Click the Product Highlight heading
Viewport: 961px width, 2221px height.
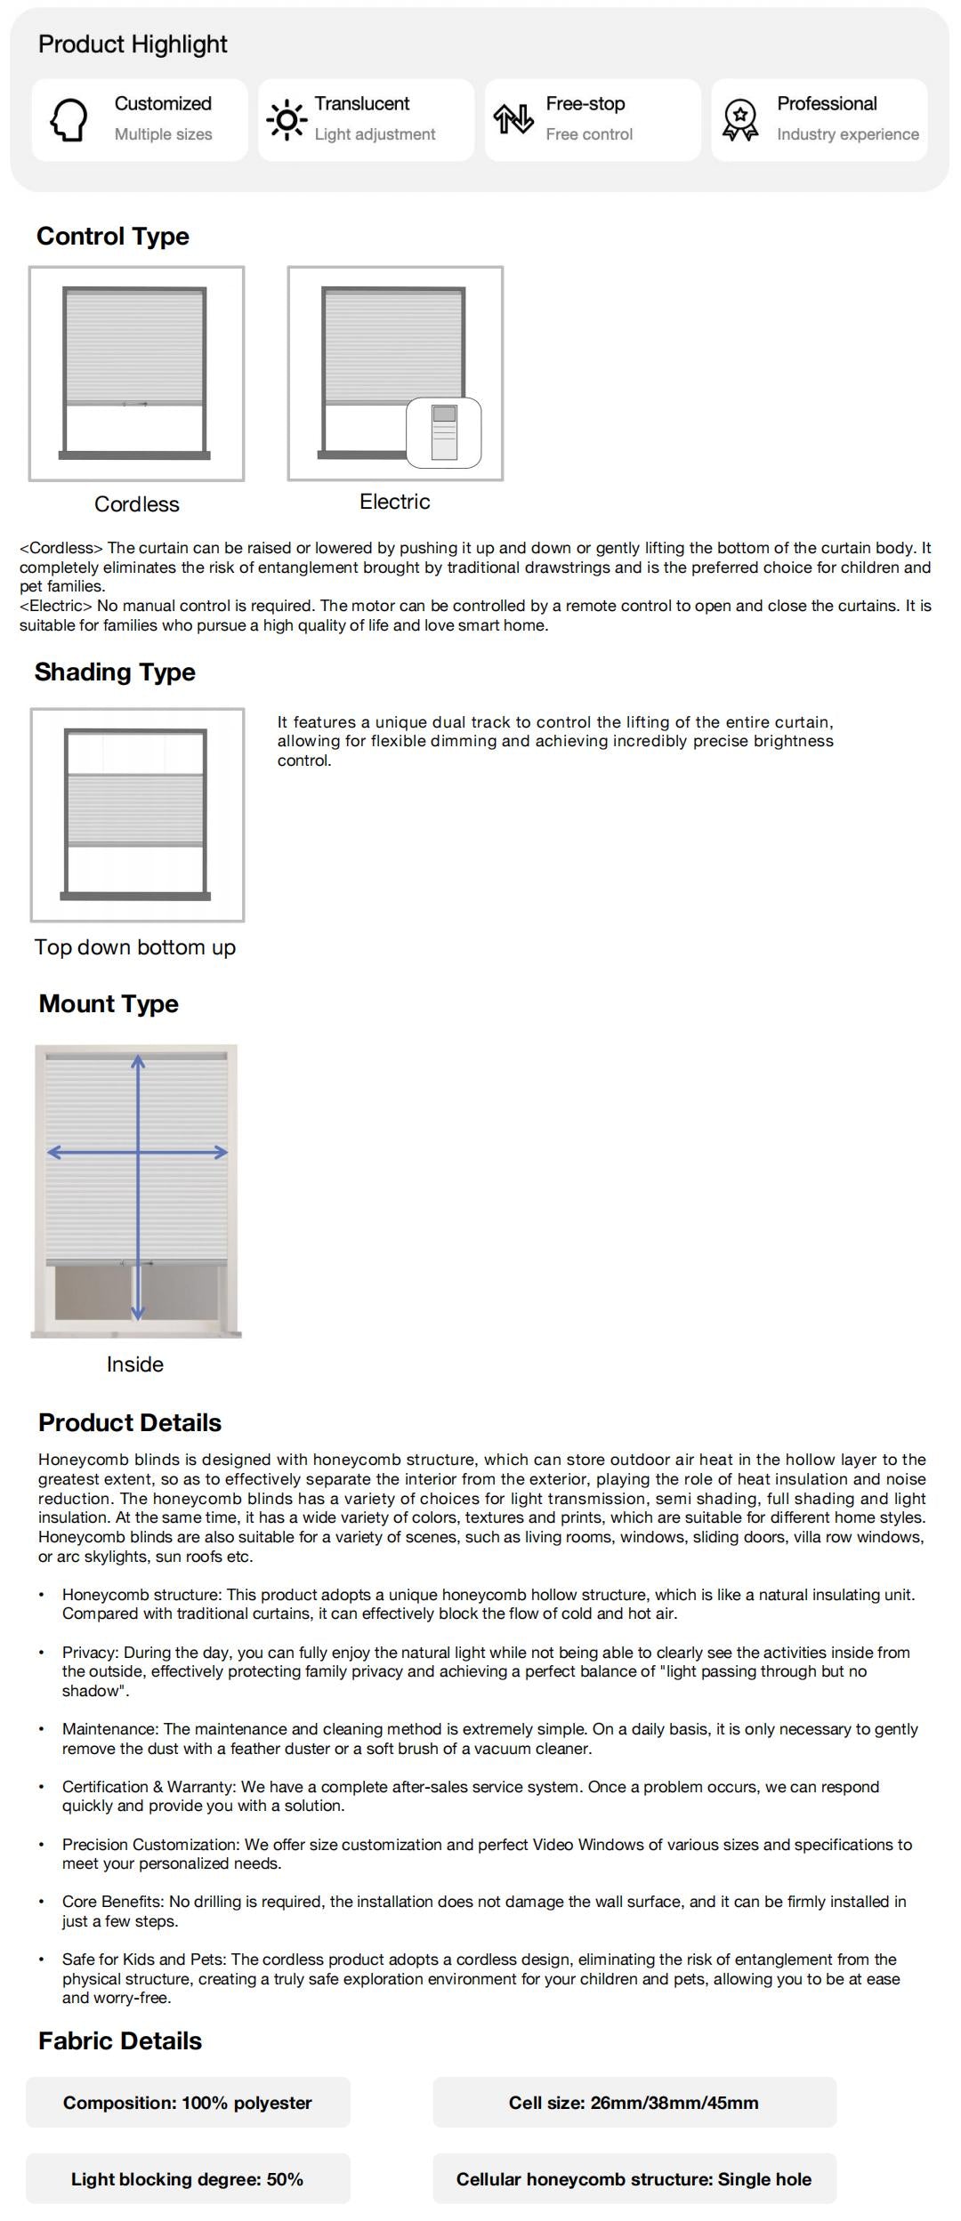point(133,44)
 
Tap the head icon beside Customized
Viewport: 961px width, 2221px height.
point(69,119)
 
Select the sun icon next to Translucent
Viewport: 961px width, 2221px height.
point(287,119)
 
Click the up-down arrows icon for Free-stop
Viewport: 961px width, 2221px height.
point(513,119)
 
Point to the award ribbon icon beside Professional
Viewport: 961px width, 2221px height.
point(740,119)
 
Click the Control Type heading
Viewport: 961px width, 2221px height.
point(113,237)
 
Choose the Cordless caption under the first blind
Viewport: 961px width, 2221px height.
point(137,504)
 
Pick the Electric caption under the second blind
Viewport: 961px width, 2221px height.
point(394,502)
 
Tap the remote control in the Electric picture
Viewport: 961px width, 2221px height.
point(444,432)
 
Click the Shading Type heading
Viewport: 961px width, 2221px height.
point(115,672)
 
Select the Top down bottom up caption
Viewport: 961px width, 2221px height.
point(135,947)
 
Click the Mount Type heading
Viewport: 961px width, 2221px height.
point(109,1004)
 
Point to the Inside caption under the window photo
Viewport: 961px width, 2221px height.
point(135,1364)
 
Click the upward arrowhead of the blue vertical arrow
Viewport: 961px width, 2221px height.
point(138,1061)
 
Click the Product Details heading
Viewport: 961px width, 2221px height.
point(130,1423)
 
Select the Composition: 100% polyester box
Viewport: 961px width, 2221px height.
point(188,2103)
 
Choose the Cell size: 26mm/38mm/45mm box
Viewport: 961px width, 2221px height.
point(634,2103)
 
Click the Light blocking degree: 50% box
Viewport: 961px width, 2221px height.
point(188,2179)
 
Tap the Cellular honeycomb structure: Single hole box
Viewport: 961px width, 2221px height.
point(634,2179)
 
